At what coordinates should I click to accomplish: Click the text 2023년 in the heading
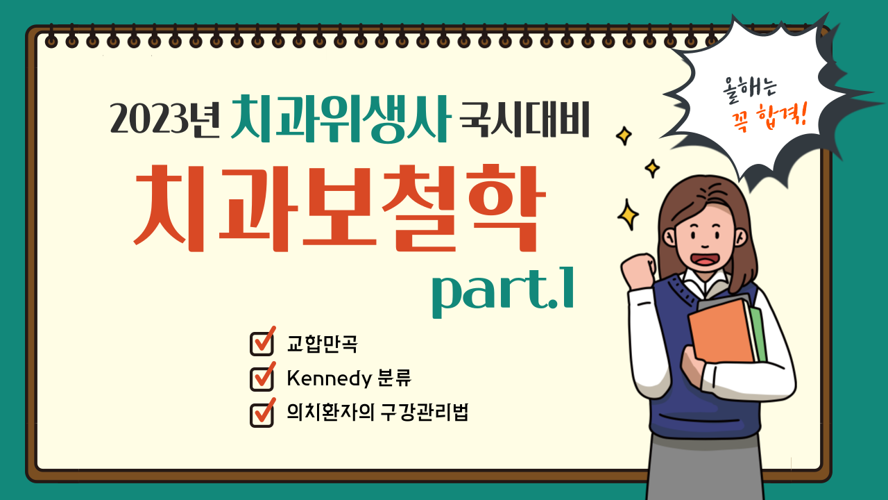point(164,118)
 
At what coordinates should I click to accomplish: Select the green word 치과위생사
point(341,119)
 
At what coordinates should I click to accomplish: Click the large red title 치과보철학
point(340,208)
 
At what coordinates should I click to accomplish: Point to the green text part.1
point(503,292)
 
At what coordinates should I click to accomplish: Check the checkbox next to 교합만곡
point(262,342)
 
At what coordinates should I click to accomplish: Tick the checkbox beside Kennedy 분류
point(262,377)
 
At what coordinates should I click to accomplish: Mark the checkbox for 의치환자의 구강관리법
point(262,413)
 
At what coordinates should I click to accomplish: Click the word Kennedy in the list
point(329,378)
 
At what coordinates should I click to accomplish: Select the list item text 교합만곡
point(322,344)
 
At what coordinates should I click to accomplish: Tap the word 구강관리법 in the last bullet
point(424,412)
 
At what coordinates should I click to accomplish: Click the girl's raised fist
point(638,271)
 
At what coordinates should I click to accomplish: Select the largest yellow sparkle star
point(628,215)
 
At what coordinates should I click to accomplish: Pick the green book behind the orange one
point(758,333)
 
